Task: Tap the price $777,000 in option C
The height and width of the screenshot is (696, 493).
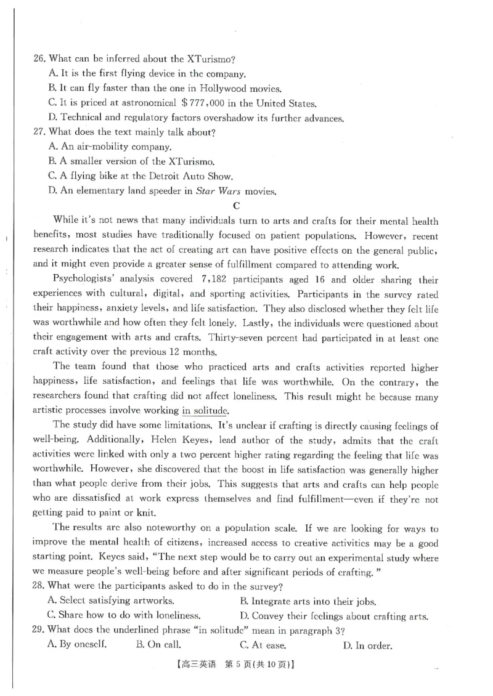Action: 206,103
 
